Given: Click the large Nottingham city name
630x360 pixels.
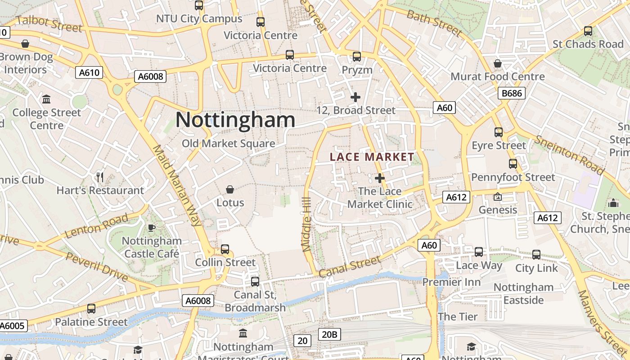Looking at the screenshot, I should click(235, 120).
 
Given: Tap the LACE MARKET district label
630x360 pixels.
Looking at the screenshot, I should click(372, 157).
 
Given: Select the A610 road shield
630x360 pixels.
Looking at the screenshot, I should click(89, 72).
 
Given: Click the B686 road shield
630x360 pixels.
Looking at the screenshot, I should click(512, 94).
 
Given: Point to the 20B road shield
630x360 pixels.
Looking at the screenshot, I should click(329, 334).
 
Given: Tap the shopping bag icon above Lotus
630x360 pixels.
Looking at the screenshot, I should click(230, 189).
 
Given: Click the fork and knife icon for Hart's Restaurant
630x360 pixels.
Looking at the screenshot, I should click(100, 177).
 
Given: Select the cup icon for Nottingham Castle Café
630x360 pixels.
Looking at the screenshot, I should click(152, 228).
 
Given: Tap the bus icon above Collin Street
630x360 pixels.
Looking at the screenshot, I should click(225, 249).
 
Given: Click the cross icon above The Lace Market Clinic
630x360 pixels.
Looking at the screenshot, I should click(380, 178).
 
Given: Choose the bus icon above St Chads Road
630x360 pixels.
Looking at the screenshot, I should click(588, 31).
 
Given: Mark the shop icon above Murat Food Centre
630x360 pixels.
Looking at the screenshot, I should click(498, 63).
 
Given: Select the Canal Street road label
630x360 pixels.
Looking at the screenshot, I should click(349, 267).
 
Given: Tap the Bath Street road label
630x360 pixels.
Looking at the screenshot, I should click(434, 22).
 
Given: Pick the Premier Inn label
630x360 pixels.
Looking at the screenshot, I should click(451, 282).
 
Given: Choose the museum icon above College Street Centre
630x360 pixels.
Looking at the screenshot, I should click(46, 99).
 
